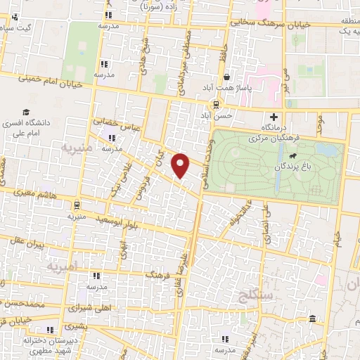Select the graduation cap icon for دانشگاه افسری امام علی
pyautogui.click(x=26, y=112)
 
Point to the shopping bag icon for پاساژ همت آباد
pyautogui.click(x=226, y=77)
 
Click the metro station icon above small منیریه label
pyautogui.click(x=76, y=205)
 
